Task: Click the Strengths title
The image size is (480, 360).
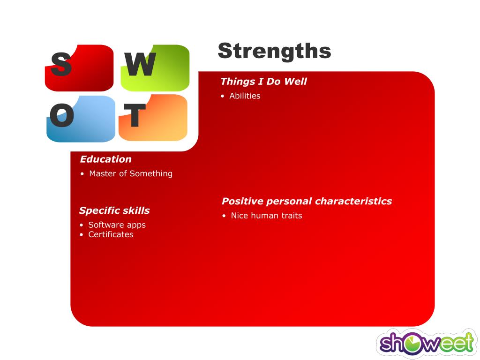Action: click(x=274, y=51)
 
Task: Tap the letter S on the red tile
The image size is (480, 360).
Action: click(x=61, y=64)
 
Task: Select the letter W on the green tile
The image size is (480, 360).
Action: click(x=140, y=64)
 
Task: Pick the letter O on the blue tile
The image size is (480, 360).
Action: click(x=61, y=115)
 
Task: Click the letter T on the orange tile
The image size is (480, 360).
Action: click(x=135, y=115)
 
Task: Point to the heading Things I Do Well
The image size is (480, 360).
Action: click(x=263, y=82)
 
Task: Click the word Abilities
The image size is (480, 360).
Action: click(x=245, y=96)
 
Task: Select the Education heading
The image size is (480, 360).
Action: click(x=105, y=159)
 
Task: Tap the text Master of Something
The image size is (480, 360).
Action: click(x=131, y=173)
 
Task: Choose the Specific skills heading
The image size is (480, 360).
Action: click(x=114, y=210)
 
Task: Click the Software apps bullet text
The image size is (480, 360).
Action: click(x=117, y=225)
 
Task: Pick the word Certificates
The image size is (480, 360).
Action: click(x=111, y=234)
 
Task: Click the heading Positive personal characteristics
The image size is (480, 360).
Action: click(x=307, y=201)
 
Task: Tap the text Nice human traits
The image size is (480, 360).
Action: click(x=266, y=216)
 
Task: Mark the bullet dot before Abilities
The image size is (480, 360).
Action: click(x=223, y=96)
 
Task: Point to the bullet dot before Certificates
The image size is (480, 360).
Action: click(x=82, y=235)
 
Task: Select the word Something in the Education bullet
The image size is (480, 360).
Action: click(x=151, y=173)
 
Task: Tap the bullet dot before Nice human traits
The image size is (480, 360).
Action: click(x=224, y=216)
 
